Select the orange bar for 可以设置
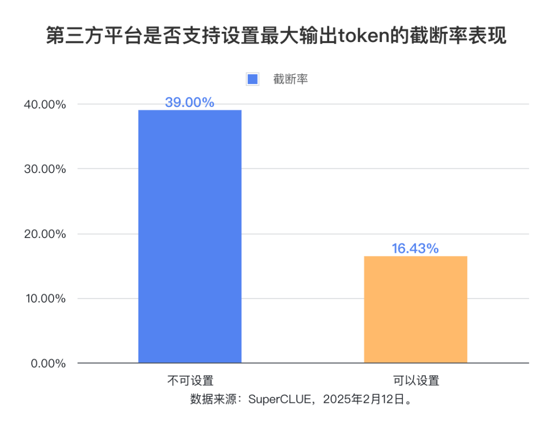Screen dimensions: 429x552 416,309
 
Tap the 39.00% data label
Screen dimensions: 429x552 190,102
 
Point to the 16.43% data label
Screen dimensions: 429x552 416,249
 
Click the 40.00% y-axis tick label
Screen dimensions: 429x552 45,105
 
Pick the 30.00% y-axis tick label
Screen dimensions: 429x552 45,169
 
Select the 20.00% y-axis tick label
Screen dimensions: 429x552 45,234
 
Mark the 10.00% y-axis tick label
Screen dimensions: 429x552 45,299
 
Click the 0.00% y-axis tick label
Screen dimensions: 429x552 48,364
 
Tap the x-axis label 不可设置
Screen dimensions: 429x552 190,381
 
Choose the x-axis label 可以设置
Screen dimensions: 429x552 416,381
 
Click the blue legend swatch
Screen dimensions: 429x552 252,79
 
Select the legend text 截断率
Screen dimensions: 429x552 290,79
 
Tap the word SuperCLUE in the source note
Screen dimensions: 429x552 279,399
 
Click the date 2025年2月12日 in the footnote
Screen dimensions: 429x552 364,399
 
